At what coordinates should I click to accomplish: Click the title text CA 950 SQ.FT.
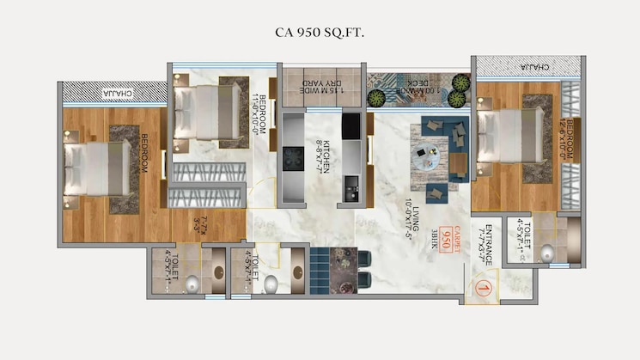[320, 33]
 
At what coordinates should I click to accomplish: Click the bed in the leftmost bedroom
[89, 168]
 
